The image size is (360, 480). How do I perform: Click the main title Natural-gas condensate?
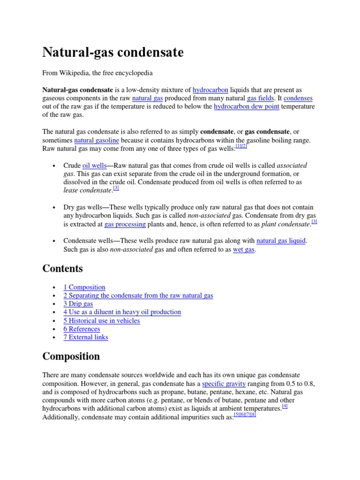pos(113,52)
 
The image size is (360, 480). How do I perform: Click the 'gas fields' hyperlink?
pos(261,98)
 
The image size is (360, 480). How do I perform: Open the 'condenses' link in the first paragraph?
pos(298,98)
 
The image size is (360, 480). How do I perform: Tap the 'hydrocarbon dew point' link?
pos(247,107)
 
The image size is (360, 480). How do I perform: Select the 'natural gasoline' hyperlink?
pos(97,140)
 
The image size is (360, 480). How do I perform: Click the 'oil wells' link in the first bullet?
pos(94,165)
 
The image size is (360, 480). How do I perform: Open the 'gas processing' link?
pos(125,225)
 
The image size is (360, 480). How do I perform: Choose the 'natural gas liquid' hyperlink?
pos(281,241)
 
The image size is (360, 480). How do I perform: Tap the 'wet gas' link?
pos(244,249)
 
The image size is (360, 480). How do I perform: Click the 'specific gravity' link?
pos(224,383)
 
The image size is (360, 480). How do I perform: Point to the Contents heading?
pos(63,269)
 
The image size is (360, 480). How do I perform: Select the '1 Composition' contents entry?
pos(84,287)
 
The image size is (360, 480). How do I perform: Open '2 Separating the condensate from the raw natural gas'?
pos(138,295)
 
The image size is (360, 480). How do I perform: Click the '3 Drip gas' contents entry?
pos(78,304)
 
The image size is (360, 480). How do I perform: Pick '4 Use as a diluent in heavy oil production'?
pos(122,312)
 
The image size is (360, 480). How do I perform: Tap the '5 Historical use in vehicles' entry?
pos(102,321)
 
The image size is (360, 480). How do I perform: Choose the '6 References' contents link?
pos(82,329)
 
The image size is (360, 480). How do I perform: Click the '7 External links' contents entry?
pos(86,337)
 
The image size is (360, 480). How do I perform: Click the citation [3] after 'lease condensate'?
pos(116,188)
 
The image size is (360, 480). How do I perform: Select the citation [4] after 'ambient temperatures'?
pos(285,406)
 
